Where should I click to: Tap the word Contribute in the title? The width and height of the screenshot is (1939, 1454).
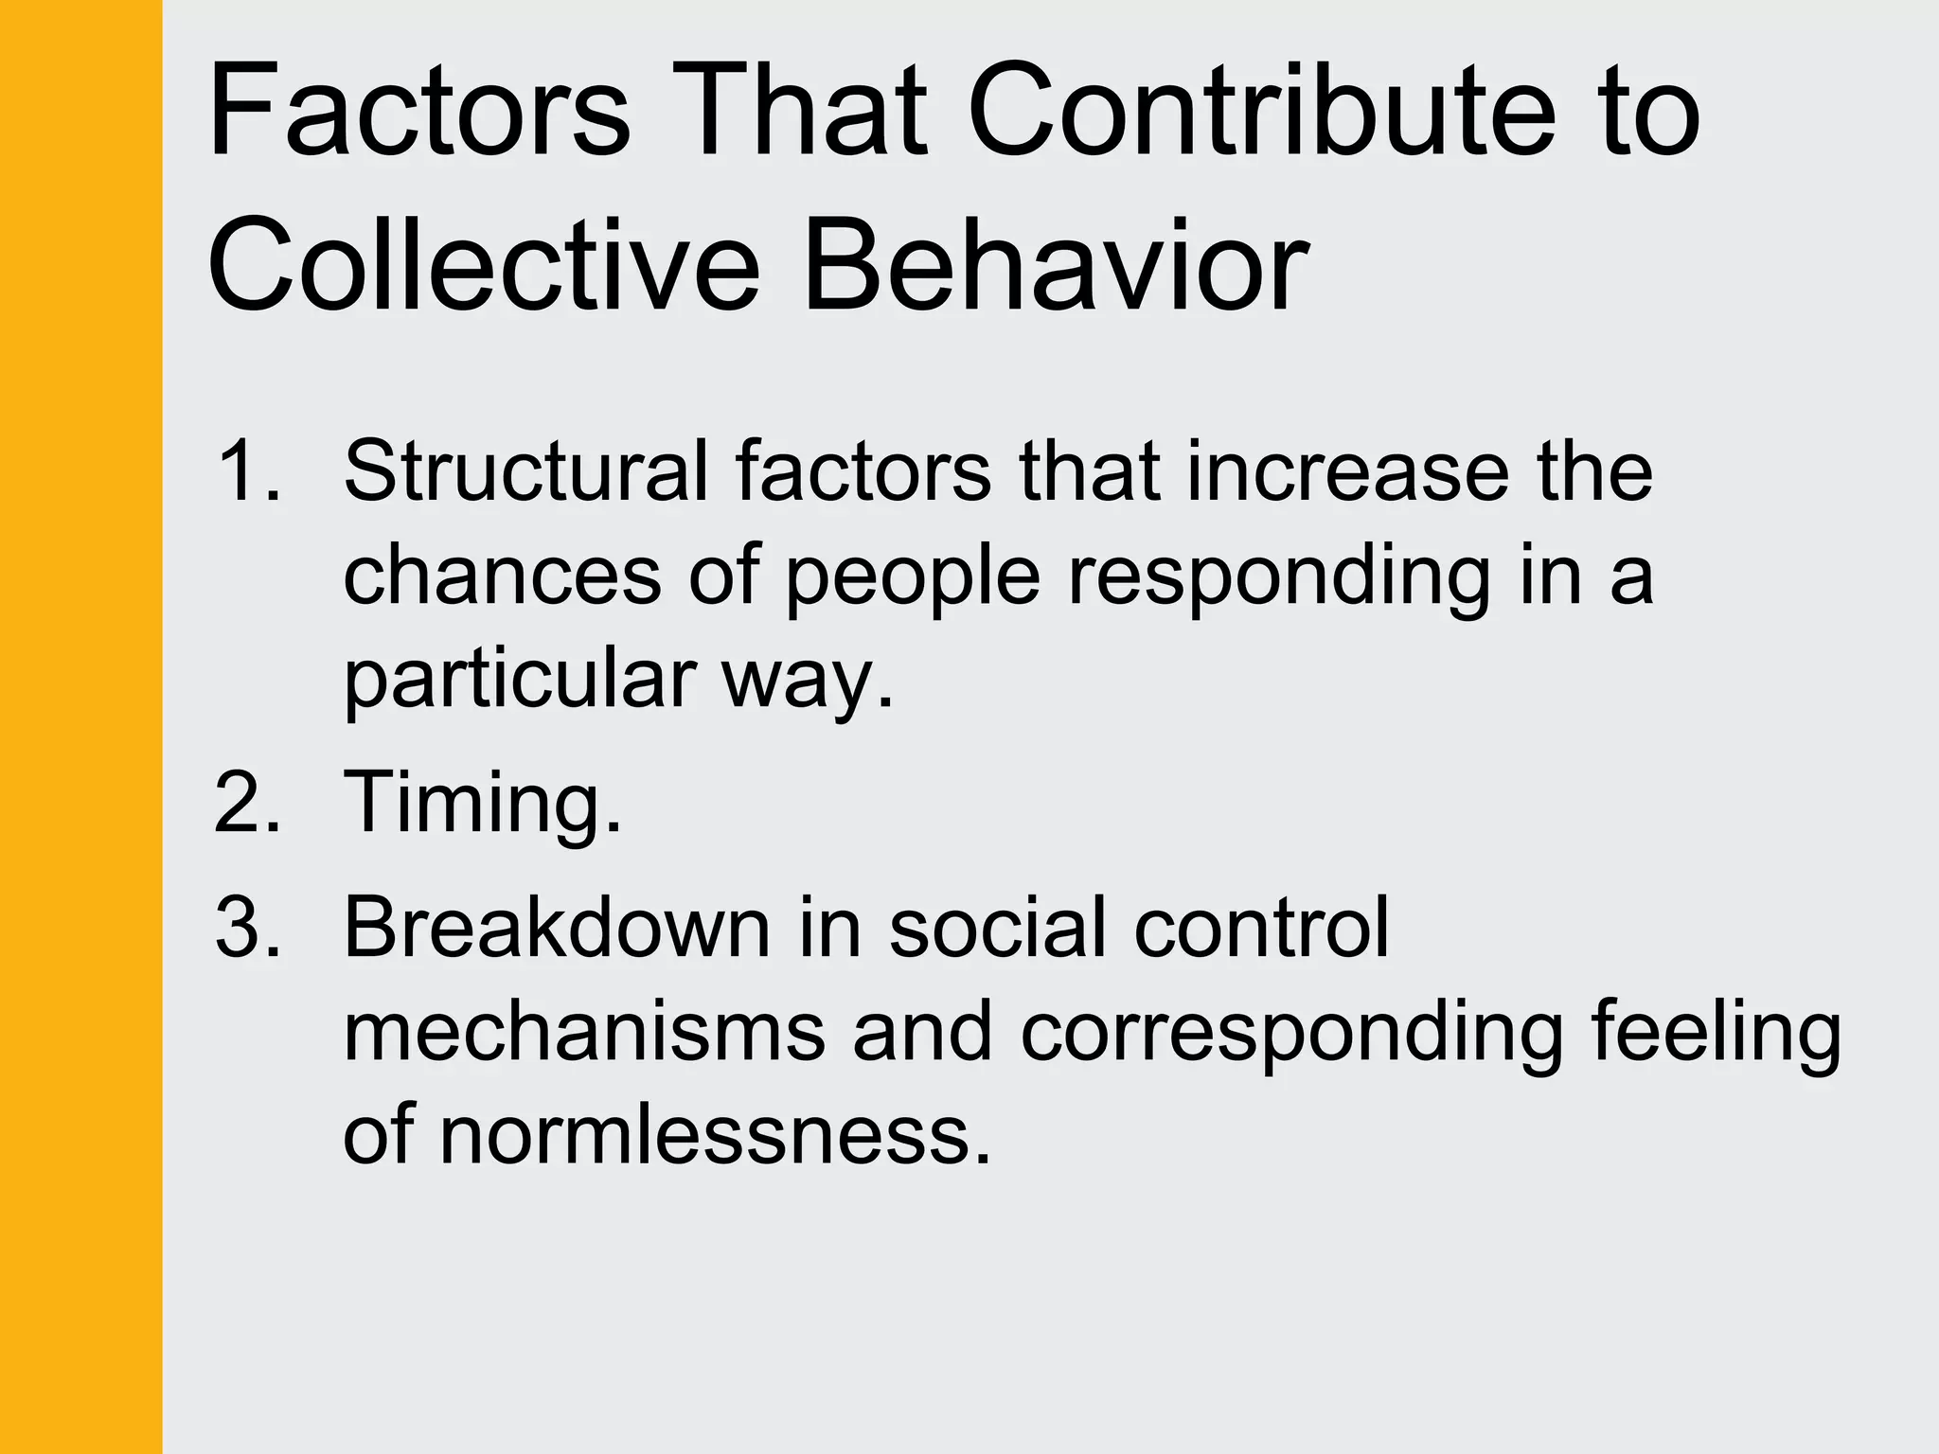[x=1260, y=112]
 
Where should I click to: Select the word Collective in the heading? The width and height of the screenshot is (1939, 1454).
[x=483, y=266]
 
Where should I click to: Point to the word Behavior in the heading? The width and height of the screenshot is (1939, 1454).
[x=1055, y=266]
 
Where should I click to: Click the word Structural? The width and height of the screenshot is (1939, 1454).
[x=525, y=470]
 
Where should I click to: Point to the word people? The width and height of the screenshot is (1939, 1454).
[x=913, y=577]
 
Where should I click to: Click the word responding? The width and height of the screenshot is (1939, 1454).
[x=1279, y=577]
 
